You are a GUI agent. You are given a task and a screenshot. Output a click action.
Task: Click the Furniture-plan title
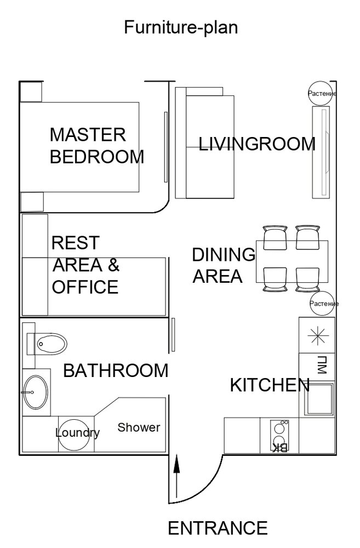click(181, 27)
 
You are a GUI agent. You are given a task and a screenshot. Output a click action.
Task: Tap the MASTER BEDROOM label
click(97, 146)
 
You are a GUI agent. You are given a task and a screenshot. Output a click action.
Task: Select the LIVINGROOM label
click(257, 144)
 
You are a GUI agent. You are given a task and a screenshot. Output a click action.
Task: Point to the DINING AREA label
click(224, 265)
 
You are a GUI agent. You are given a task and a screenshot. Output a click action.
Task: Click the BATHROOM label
click(116, 371)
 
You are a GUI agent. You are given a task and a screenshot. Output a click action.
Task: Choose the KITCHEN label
click(270, 385)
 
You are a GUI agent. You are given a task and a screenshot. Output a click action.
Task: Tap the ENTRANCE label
click(218, 528)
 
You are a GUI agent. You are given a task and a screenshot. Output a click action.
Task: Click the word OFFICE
click(85, 287)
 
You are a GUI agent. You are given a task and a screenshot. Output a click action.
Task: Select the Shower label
click(139, 427)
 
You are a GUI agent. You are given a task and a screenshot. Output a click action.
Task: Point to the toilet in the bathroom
click(47, 344)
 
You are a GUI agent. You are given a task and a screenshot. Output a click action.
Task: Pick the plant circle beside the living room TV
click(321, 93)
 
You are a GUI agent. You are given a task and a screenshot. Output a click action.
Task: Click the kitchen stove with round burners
click(279, 435)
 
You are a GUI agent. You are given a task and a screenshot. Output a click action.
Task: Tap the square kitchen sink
click(319, 398)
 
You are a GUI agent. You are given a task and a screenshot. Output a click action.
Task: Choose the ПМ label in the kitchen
click(322, 365)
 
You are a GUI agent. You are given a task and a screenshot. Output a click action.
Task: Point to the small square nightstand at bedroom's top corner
click(31, 92)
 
